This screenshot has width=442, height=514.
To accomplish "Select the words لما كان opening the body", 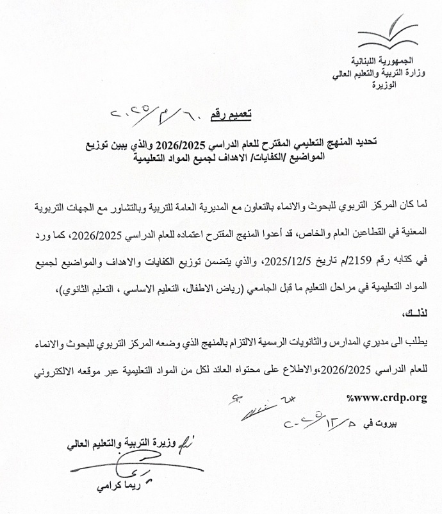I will [414, 209].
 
